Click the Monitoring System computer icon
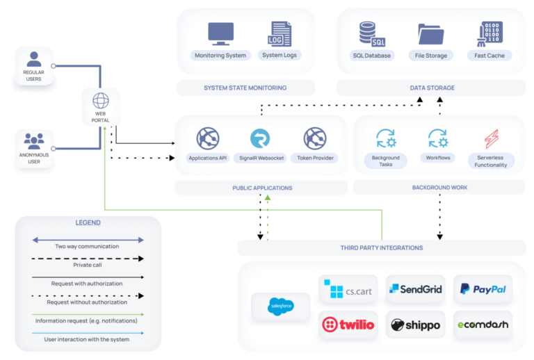point(220,33)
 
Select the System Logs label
point(280,56)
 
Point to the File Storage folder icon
point(431,33)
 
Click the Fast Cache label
point(491,56)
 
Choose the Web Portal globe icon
point(101,100)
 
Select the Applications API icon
point(208,138)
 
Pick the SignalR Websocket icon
point(261,138)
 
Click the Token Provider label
point(314,158)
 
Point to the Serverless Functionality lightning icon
point(491,138)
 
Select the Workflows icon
point(437,138)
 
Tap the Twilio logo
point(347,324)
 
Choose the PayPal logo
point(483,289)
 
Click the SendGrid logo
point(415,289)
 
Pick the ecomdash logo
point(483,324)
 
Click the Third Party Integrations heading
point(381,247)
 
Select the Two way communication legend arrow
point(88,240)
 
